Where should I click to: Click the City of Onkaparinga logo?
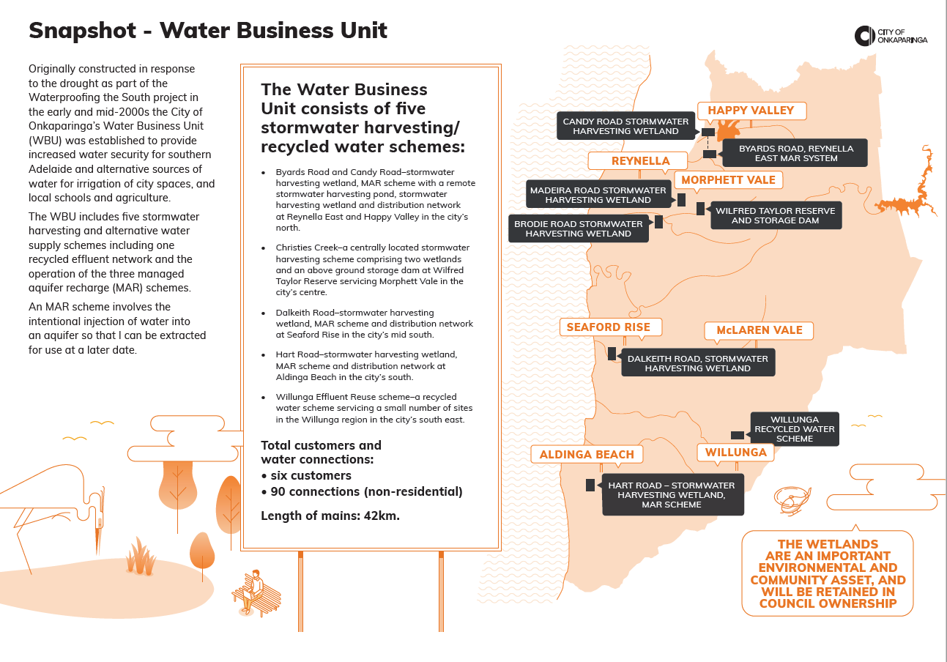coord(891,36)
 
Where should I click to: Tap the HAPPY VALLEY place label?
coord(751,111)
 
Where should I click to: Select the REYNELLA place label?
coord(640,161)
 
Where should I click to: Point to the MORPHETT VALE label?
coord(728,180)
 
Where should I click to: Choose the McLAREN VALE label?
coord(759,330)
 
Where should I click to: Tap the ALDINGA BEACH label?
coord(587,455)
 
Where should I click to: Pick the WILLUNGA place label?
coord(735,453)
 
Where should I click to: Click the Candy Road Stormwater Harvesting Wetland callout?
coord(625,127)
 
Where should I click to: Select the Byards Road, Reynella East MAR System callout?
coord(795,153)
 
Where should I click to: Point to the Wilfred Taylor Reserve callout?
coord(775,216)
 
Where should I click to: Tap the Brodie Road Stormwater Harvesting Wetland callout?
coord(578,228)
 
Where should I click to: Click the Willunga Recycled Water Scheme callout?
coord(795,429)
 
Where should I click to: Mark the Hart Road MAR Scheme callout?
coord(671,494)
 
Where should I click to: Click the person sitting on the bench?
coord(256,589)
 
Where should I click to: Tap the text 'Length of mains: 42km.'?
coord(330,516)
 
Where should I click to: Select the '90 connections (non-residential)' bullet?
coord(362,491)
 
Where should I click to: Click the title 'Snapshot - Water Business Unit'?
coord(207,31)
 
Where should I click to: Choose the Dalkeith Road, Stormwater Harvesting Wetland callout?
coord(697,363)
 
